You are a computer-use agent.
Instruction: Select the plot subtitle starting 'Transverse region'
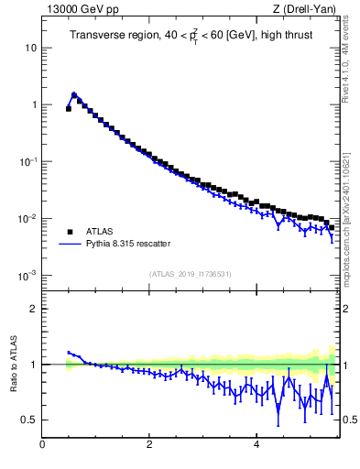(189, 37)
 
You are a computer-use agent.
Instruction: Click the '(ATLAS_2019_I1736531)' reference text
(190, 274)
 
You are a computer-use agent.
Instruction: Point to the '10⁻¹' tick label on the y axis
(28, 161)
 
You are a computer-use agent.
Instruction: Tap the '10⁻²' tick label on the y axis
(28, 218)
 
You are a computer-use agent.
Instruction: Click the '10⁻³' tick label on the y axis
(28, 275)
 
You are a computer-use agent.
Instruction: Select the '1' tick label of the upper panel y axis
(34, 104)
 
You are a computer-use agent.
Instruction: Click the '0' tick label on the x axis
(42, 444)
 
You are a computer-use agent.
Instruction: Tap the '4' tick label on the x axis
(256, 444)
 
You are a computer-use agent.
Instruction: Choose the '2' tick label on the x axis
(149, 444)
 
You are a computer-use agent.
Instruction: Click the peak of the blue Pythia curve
(73, 93)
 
